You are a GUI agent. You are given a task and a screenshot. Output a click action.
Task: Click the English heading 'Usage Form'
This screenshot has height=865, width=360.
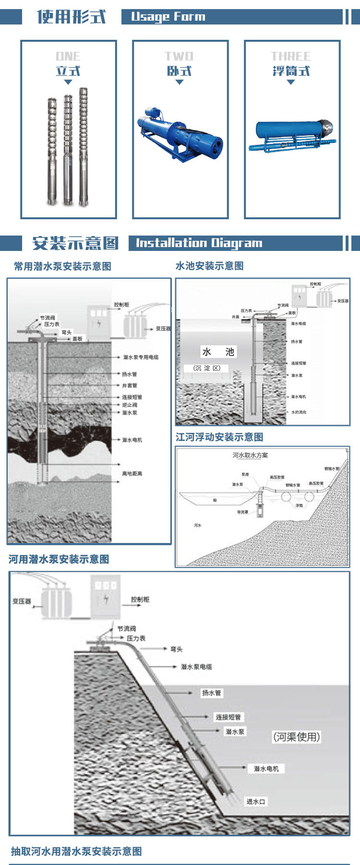pos(168,17)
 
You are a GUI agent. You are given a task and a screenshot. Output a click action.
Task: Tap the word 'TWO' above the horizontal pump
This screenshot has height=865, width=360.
pos(179,56)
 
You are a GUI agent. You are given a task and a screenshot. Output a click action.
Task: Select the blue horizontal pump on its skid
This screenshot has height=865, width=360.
pos(180,134)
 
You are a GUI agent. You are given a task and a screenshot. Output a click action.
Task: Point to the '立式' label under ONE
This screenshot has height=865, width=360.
pos(68,71)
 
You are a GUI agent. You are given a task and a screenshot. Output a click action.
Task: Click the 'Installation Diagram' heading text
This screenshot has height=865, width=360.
pos(199,243)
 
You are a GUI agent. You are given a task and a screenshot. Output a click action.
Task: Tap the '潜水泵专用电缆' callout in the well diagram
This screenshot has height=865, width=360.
pos(141,357)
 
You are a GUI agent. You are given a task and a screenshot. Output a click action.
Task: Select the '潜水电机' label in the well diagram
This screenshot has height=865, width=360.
pos(132,440)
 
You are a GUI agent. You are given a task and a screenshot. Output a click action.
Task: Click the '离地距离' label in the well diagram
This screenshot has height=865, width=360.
pos(132,474)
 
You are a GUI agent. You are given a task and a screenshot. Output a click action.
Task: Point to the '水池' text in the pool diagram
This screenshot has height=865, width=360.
pos(218,352)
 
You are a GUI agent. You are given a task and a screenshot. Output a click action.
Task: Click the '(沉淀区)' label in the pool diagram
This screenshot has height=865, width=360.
pos(207,368)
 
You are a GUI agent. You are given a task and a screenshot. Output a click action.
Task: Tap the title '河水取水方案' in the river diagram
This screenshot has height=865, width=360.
pos(250,455)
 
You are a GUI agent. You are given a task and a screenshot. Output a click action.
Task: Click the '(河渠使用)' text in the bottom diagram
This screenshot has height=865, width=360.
pos(296,737)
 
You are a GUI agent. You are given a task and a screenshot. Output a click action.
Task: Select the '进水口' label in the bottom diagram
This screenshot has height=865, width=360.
pos(256,802)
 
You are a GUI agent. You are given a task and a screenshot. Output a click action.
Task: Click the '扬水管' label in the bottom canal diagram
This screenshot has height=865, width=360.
pos(211,693)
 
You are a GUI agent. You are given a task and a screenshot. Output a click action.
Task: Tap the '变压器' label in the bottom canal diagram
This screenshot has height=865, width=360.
pos(22,601)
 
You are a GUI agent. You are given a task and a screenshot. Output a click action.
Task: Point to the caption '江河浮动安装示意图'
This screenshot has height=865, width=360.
pos(219,437)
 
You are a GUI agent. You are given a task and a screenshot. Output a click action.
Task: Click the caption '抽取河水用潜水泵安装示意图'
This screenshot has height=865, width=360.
pos(76,852)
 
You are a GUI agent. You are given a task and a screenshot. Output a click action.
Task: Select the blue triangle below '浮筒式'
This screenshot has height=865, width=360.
pos(290,82)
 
